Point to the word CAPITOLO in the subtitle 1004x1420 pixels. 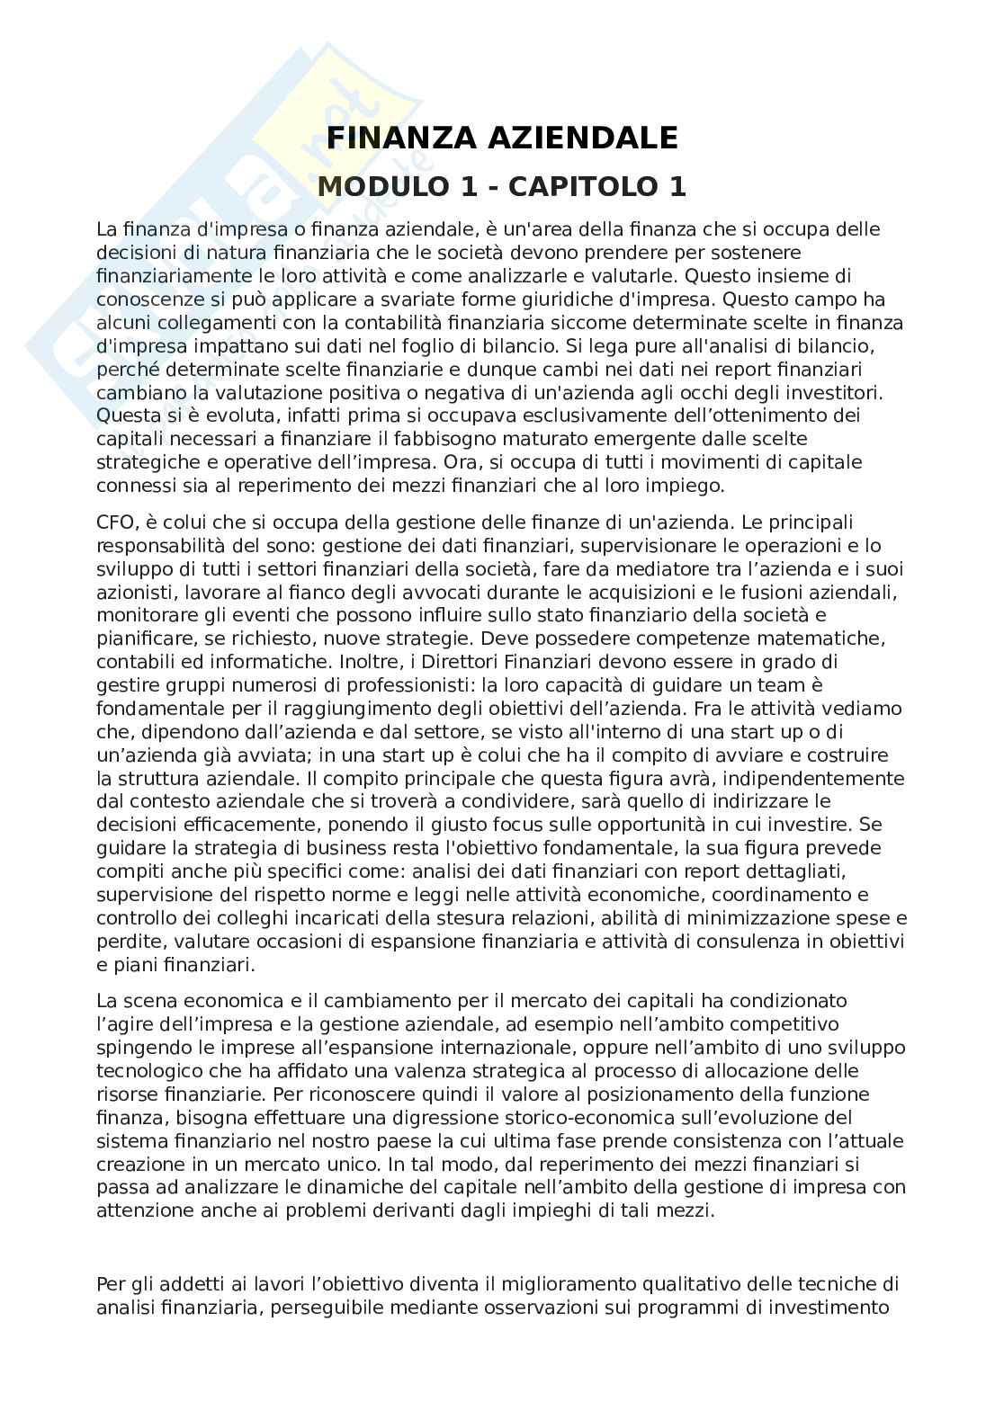pos(584,186)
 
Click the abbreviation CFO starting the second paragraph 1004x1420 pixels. pos(114,522)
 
